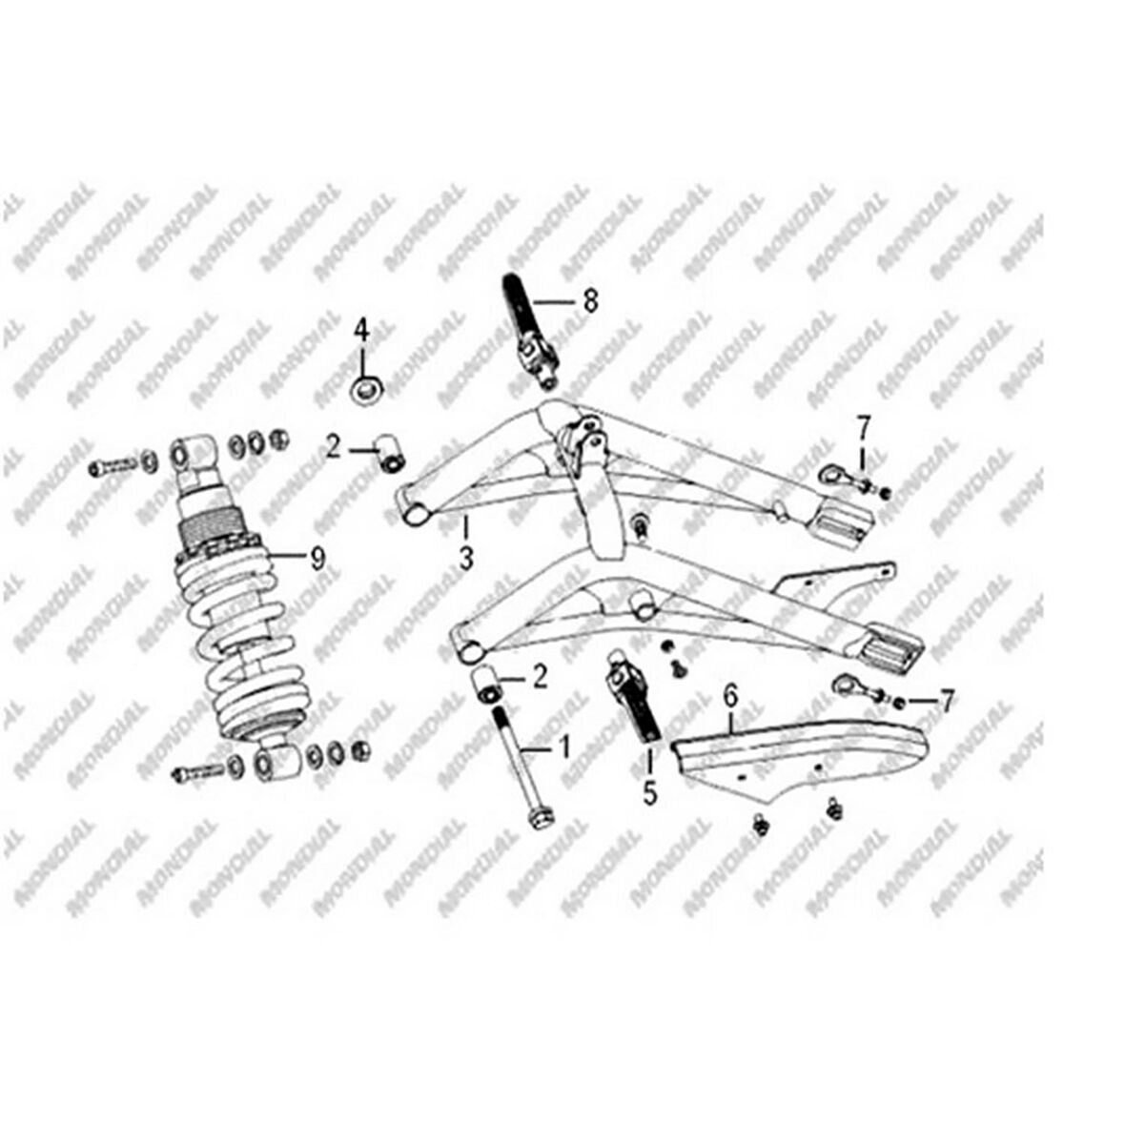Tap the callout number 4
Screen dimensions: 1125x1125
[x=361, y=331]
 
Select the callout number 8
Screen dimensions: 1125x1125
[x=590, y=302]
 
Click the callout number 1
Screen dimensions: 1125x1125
[x=563, y=746]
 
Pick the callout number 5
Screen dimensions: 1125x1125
[x=650, y=792]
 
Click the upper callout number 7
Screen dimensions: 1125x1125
[x=864, y=425]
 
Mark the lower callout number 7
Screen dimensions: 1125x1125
[x=946, y=704]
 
